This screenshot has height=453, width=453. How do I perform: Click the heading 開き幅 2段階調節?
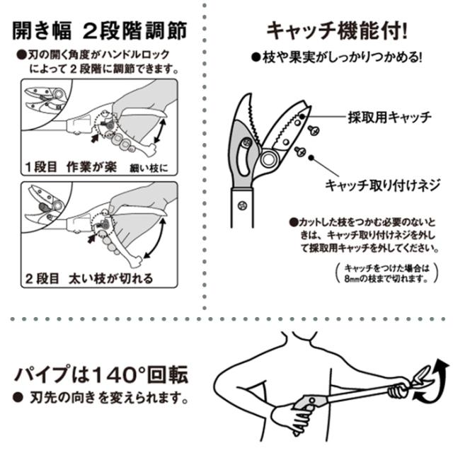[100, 30]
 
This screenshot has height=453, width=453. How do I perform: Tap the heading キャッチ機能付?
[337, 30]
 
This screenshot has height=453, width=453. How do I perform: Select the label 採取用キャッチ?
[390, 117]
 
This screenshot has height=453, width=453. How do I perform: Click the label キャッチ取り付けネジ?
[383, 185]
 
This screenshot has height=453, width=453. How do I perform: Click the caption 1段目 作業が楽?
[71, 167]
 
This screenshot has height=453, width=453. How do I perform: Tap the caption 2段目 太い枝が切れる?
[89, 278]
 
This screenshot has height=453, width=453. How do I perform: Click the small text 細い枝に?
[149, 168]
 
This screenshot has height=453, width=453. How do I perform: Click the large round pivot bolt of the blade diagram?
[269, 158]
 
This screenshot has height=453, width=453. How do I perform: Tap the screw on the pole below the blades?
[242, 206]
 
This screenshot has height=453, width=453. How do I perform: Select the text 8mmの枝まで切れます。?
[386, 279]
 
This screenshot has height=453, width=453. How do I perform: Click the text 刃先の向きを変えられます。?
[109, 398]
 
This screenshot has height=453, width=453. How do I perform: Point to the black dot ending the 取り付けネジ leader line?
[311, 158]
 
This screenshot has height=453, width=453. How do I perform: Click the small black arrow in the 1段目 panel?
[94, 139]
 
